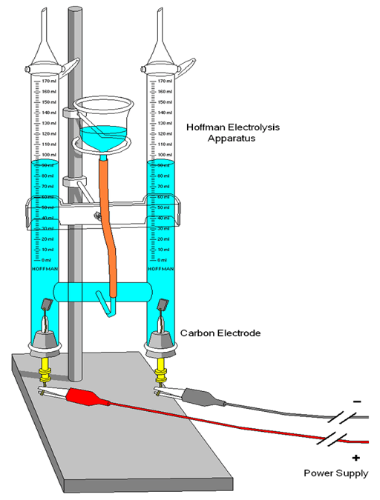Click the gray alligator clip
click(199, 396)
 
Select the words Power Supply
click(335, 473)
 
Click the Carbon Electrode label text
click(221, 334)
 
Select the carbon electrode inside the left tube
click(45, 304)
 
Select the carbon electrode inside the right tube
click(162, 304)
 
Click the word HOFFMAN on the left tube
click(45, 267)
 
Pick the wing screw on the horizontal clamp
click(96, 215)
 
